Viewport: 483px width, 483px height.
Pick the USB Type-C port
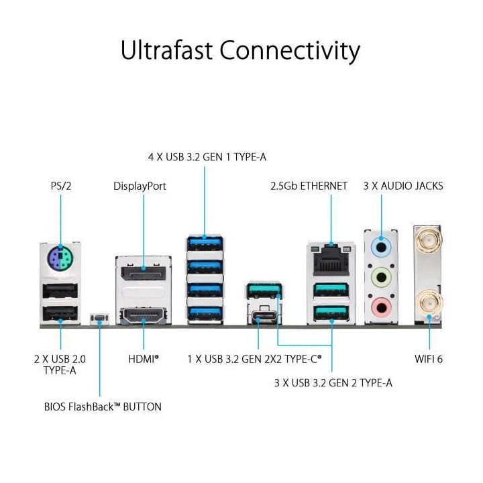tap(260, 316)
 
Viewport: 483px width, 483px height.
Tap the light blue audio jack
tap(380, 246)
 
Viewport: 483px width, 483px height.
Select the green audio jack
tap(380, 276)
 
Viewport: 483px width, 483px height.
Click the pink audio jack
tap(380, 307)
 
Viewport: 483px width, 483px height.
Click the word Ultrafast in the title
tap(168, 50)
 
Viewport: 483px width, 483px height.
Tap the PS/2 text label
tap(60, 186)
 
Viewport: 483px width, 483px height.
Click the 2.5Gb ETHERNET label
tap(309, 186)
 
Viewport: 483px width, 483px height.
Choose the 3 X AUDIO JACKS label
tap(403, 186)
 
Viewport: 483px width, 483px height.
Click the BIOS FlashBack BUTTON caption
tap(103, 407)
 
